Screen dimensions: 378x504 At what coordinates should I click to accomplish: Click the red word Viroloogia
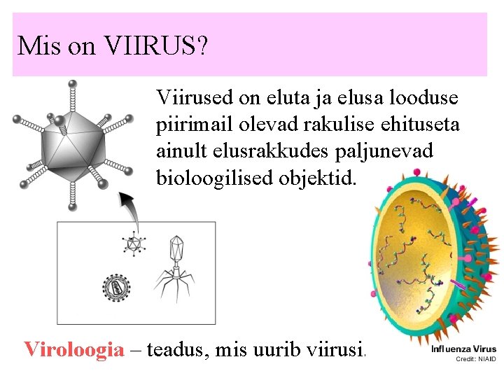click(x=73, y=348)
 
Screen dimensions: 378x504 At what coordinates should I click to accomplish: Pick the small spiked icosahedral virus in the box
click(x=133, y=244)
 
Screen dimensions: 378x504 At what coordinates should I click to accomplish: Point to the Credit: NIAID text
click(x=475, y=358)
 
